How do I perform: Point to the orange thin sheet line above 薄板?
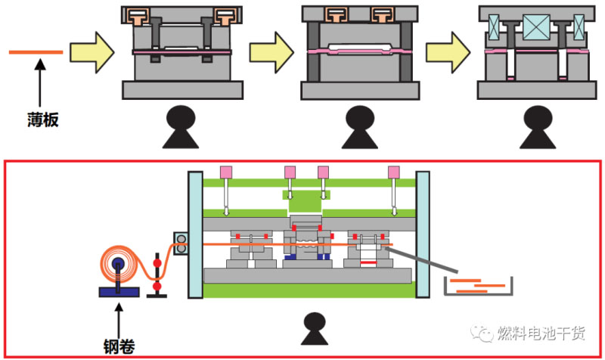point(36,52)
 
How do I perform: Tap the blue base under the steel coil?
point(118,291)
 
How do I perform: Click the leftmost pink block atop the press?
point(225,172)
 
